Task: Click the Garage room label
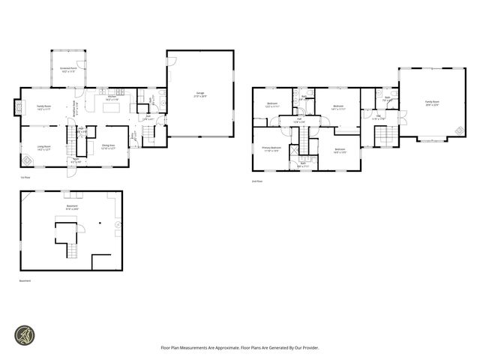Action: click(x=201, y=94)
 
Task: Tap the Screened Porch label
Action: click(x=69, y=69)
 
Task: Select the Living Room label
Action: click(x=44, y=147)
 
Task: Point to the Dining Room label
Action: click(x=108, y=147)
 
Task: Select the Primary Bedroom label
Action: click(x=271, y=149)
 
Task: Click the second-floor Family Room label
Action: click(x=432, y=103)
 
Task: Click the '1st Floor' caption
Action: click(x=25, y=178)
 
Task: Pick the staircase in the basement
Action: click(x=71, y=250)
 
